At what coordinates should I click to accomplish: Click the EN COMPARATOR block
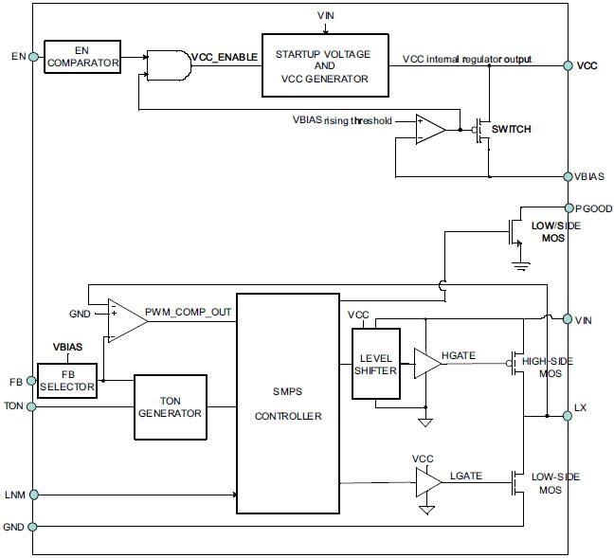[82, 57]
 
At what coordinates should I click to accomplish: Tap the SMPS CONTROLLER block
[287, 403]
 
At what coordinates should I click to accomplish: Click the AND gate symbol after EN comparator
[169, 64]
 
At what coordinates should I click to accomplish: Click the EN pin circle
[34, 57]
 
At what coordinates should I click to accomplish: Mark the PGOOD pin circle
[568, 207]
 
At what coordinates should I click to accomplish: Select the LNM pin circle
[34, 494]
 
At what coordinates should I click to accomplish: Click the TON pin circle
[34, 406]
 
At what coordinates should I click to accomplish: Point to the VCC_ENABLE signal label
[224, 57]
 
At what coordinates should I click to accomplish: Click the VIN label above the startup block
[325, 15]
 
